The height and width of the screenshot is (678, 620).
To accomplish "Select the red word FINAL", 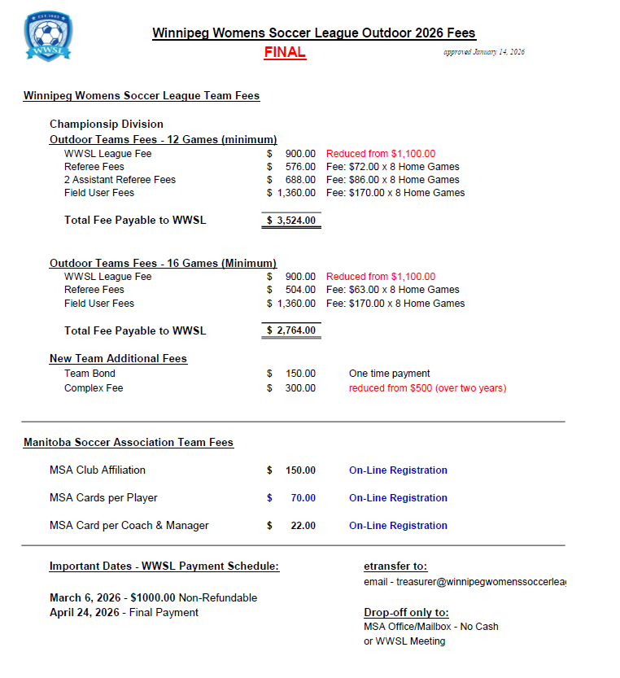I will click(x=285, y=53).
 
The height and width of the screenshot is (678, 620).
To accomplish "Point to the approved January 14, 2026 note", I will click(x=483, y=52).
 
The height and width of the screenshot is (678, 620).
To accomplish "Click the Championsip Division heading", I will click(x=107, y=125).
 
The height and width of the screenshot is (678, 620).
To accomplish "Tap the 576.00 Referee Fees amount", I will click(x=299, y=167).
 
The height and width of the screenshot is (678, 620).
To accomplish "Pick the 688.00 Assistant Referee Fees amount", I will click(x=299, y=180).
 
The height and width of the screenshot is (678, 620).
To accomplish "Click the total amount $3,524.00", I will click(x=291, y=221).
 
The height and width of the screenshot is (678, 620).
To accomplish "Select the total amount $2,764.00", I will click(x=291, y=330).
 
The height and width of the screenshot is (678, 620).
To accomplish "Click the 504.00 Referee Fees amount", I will click(x=299, y=290).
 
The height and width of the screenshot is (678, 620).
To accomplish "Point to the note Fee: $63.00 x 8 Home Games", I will click(x=392, y=290).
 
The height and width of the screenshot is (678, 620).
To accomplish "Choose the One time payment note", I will click(x=389, y=374).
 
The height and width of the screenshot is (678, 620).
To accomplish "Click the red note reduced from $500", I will click(x=427, y=388).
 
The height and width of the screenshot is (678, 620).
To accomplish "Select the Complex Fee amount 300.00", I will click(x=299, y=388).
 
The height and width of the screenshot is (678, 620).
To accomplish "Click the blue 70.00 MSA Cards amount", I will click(x=303, y=498).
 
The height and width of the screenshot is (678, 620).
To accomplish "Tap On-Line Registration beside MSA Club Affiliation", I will click(x=398, y=470).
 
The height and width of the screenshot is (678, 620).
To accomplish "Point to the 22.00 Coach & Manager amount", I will click(x=303, y=526).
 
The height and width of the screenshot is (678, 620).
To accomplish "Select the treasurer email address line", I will click(x=464, y=583).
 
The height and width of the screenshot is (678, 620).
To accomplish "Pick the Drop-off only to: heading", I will click(x=406, y=613).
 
